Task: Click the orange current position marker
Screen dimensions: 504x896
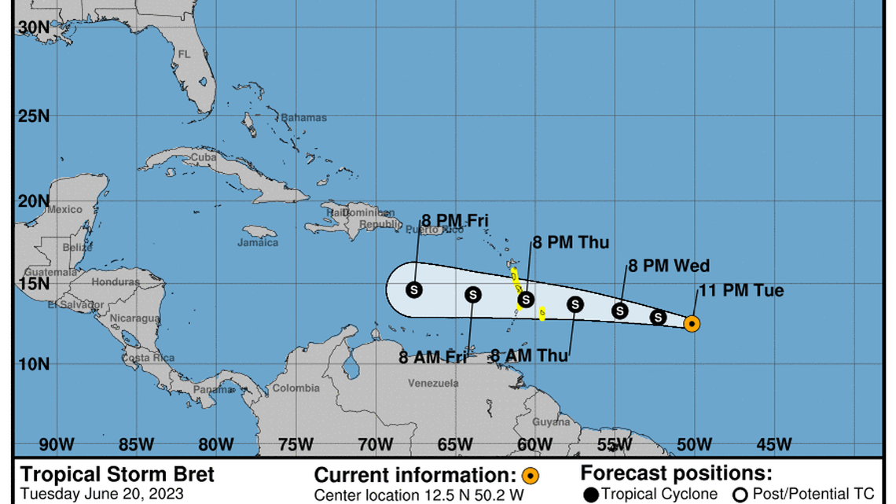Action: click(x=692, y=323)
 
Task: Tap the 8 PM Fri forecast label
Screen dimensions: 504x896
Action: click(x=455, y=220)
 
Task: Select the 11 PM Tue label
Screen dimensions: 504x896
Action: click(x=741, y=291)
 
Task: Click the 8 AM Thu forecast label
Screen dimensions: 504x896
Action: click(x=529, y=355)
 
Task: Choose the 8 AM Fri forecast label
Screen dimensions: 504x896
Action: click(x=433, y=358)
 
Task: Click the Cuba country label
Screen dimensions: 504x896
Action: click(x=204, y=157)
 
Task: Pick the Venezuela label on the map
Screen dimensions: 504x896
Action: click(x=433, y=384)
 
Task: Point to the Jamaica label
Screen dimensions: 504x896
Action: click(x=258, y=243)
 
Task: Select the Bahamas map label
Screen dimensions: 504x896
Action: click(x=303, y=118)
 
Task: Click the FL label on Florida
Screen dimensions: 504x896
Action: click(x=184, y=55)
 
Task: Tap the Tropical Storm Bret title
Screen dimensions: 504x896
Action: click(x=116, y=475)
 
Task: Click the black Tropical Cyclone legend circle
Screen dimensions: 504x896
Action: click(x=591, y=494)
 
